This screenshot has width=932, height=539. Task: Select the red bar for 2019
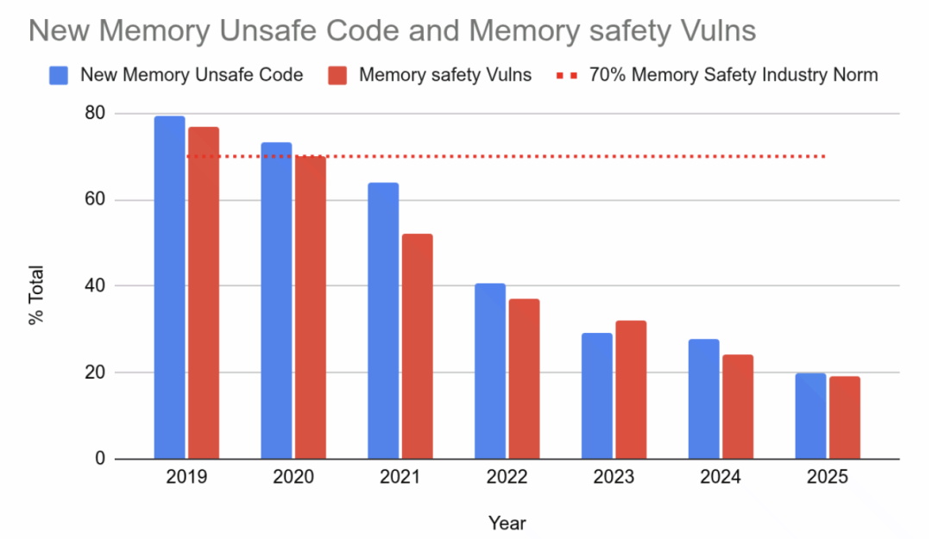203,293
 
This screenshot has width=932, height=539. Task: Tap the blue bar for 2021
383,321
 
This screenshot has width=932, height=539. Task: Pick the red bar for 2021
417,347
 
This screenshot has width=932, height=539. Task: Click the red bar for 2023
631,390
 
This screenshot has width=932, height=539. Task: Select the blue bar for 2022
490,371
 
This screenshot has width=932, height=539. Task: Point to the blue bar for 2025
810,416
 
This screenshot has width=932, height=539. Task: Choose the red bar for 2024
738,407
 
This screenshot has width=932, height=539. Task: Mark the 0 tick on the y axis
100,459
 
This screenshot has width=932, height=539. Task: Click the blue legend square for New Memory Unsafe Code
59,75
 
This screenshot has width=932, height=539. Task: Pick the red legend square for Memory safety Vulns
338,75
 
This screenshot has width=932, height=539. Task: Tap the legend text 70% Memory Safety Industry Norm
733,75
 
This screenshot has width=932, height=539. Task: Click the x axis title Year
507,523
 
